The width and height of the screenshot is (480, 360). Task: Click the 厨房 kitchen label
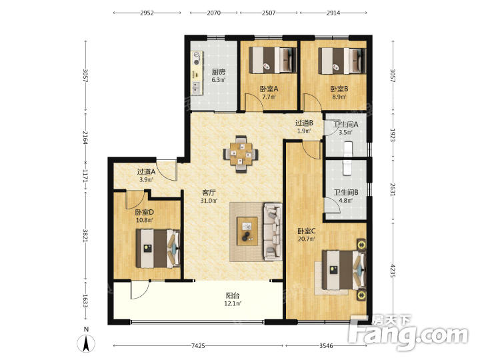click(219, 72)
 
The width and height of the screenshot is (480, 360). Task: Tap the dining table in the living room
click(241, 154)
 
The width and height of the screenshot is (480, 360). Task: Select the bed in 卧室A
click(273, 60)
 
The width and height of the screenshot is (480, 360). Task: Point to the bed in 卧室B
click(342, 61)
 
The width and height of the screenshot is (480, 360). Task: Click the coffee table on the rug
click(247, 231)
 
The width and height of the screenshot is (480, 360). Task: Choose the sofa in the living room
click(273, 232)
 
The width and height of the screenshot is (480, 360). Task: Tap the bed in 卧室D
click(158, 249)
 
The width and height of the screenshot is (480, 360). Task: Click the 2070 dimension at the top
click(214, 13)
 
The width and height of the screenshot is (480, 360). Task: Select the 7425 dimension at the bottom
click(198, 345)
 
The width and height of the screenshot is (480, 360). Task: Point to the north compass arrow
click(86, 343)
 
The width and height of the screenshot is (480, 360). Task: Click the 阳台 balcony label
click(233, 295)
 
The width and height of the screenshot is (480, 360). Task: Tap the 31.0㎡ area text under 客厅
click(209, 201)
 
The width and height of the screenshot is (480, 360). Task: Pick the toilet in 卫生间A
click(348, 149)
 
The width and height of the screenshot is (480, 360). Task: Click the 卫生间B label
click(346, 192)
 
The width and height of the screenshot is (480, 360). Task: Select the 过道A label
click(146, 172)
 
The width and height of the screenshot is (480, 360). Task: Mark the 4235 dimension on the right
click(393, 271)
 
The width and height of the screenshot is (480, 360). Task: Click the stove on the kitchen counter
click(197, 58)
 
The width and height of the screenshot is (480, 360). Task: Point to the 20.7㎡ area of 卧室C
click(307, 239)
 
